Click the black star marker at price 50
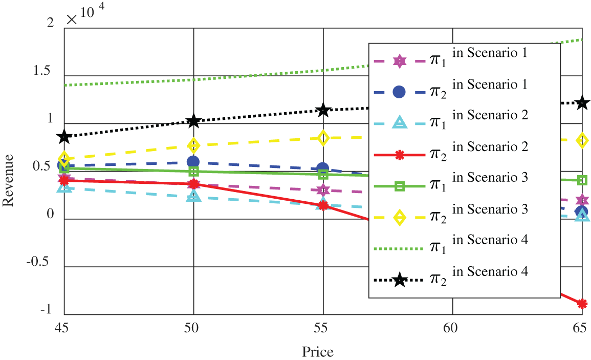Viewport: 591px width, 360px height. (193, 121)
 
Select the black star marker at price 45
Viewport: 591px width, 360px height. (64, 137)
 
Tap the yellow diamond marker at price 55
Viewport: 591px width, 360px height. (323, 138)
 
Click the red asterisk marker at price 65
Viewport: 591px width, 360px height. (582, 304)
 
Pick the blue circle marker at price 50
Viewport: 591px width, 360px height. (193, 162)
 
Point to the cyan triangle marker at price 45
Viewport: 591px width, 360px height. (64, 187)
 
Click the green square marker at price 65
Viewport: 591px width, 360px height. (582, 180)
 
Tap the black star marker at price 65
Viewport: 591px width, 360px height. (582, 103)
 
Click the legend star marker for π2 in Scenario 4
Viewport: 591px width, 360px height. (400, 280)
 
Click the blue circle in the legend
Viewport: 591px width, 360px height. (400, 92)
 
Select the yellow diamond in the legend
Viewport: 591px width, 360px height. (400, 218)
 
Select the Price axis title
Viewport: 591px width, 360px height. (318, 352)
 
